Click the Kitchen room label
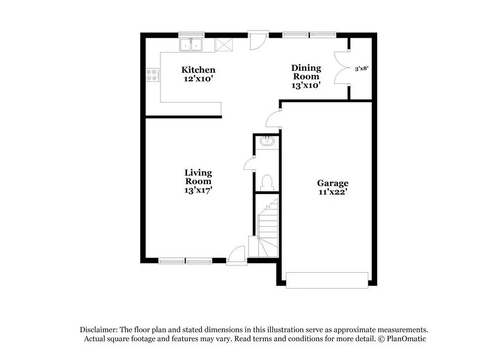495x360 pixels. (198, 70)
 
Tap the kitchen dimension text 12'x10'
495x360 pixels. (198, 78)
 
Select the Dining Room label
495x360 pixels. (306, 72)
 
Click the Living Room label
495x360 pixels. (198, 177)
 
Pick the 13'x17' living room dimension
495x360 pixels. (198, 190)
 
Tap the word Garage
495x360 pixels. (333, 183)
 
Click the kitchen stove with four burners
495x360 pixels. (152, 75)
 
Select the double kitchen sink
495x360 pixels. (192, 45)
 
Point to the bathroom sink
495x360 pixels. (267, 141)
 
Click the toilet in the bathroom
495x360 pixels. (267, 182)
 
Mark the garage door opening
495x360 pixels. (327, 280)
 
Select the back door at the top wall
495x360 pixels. (257, 41)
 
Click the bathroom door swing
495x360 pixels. (249, 164)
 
